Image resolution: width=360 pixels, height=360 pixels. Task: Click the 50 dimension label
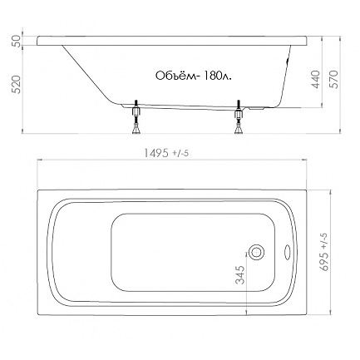pyautogui.click(x=17, y=41)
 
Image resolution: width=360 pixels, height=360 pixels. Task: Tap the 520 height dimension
pyautogui.click(x=17, y=84)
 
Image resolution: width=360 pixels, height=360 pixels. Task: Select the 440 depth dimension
pyautogui.click(x=316, y=80)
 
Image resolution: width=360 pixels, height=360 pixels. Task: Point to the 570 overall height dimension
pyautogui.click(x=334, y=80)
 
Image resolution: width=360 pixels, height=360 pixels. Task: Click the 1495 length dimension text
pyautogui.click(x=155, y=153)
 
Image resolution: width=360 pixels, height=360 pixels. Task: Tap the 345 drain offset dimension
pyautogui.click(x=240, y=275)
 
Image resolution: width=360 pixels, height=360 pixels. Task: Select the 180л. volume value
pyautogui.click(x=217, y=76)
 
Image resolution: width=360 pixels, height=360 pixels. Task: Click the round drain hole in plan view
pyautogui.click(x=256, y=252)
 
